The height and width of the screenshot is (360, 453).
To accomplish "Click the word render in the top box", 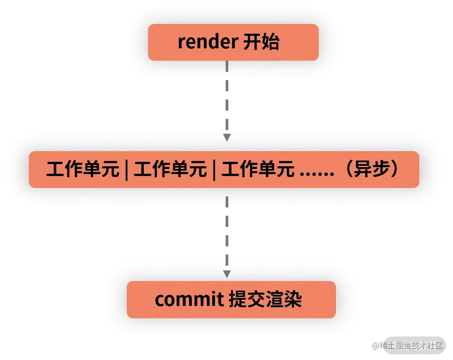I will pyautogui.click(x=207, y=43).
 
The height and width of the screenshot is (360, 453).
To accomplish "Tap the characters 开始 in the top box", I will pyautogui.click(x=262, y=43).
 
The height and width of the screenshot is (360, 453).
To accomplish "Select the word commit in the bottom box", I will pyautogui.click(x=189, y=300).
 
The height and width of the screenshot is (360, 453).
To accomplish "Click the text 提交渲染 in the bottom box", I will pyautogui.click(x=265, y=300).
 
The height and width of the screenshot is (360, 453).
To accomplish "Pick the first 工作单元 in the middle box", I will pyautogui.click(x=82, y=170).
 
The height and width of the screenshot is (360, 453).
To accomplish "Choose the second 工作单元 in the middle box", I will pyautogui.click(x=170, y=170).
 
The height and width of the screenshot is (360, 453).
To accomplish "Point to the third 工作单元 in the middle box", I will pyautogui.click(x=258, y=170).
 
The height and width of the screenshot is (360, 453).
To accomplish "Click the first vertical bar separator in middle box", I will pyautogui.click(x=126, y=170).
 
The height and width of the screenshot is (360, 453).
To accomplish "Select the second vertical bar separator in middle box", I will pyautogui.click(x=214, y=170).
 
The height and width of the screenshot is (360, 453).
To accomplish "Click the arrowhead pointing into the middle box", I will pyautogui.click(x=227, y=137).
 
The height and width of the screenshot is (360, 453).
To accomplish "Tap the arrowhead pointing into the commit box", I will pyautogui.click(x=227, y=274).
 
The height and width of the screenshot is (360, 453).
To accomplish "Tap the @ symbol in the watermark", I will pyautogui.click(x=376, y=345).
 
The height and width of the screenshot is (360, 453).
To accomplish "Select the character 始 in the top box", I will pyautogui.click(x=270, y=43).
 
